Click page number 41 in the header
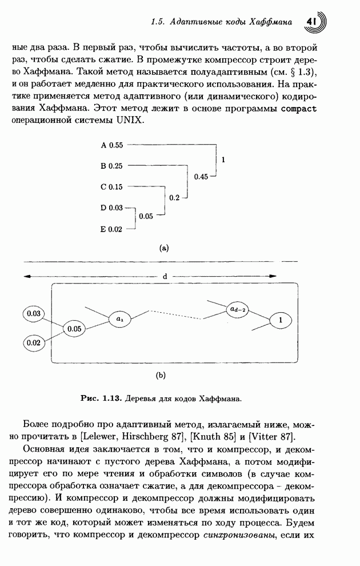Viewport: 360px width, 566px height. point(312,21)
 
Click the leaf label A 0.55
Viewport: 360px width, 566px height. point(112,145)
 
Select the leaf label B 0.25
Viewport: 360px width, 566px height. point(112,166)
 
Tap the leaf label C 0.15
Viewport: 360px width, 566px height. point(112,187)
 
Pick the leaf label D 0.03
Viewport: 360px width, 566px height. point(112,208)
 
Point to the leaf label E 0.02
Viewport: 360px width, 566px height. point(112,229)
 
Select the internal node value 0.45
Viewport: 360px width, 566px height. point(201,177)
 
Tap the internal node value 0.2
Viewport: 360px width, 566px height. point(174,198)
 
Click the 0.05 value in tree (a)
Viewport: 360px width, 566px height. point(146,217)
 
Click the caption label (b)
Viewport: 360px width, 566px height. point(161,376)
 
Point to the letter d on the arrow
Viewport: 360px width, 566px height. point(165,276)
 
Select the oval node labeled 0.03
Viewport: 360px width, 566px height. point(34,313)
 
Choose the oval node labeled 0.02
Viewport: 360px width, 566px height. point(34,342)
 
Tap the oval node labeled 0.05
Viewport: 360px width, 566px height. point(75,329)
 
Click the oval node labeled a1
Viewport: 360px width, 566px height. point(119,318)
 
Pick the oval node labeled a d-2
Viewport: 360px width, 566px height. point(237,309)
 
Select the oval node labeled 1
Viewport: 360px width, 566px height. point(281,321)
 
